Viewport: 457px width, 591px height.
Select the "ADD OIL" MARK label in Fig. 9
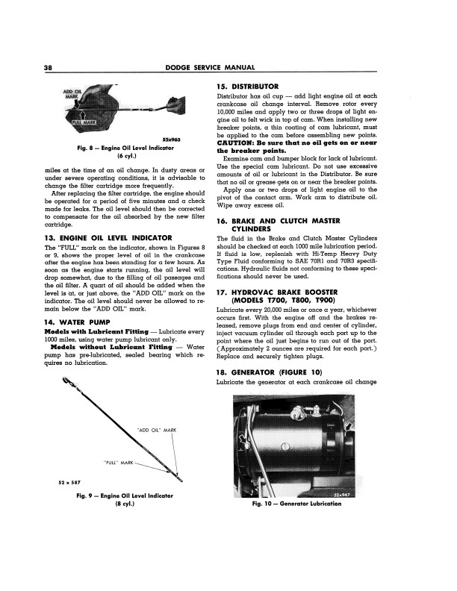tap(155, 428)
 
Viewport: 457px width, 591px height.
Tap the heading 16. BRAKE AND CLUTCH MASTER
tap(289, 222)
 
